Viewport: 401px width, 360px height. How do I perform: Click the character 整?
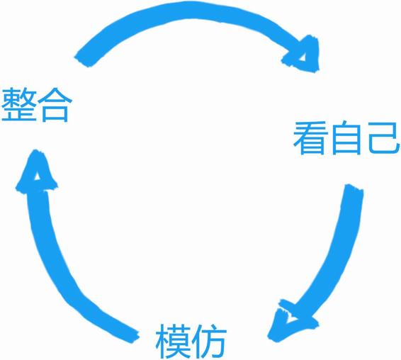(18, 104)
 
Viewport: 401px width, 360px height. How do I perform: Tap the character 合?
(55, 104)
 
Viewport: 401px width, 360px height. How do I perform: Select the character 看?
(311, 137)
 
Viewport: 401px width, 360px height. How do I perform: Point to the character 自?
(346, 138)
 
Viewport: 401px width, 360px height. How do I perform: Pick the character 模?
(174, 342)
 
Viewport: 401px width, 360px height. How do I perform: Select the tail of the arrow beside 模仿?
(133, 336)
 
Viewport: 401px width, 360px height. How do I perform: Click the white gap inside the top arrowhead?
(303, 57)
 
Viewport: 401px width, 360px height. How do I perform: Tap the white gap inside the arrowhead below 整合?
(37, 176)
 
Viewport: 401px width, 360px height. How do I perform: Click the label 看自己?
(346, 138)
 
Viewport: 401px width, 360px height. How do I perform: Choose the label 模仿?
(191, 342)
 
